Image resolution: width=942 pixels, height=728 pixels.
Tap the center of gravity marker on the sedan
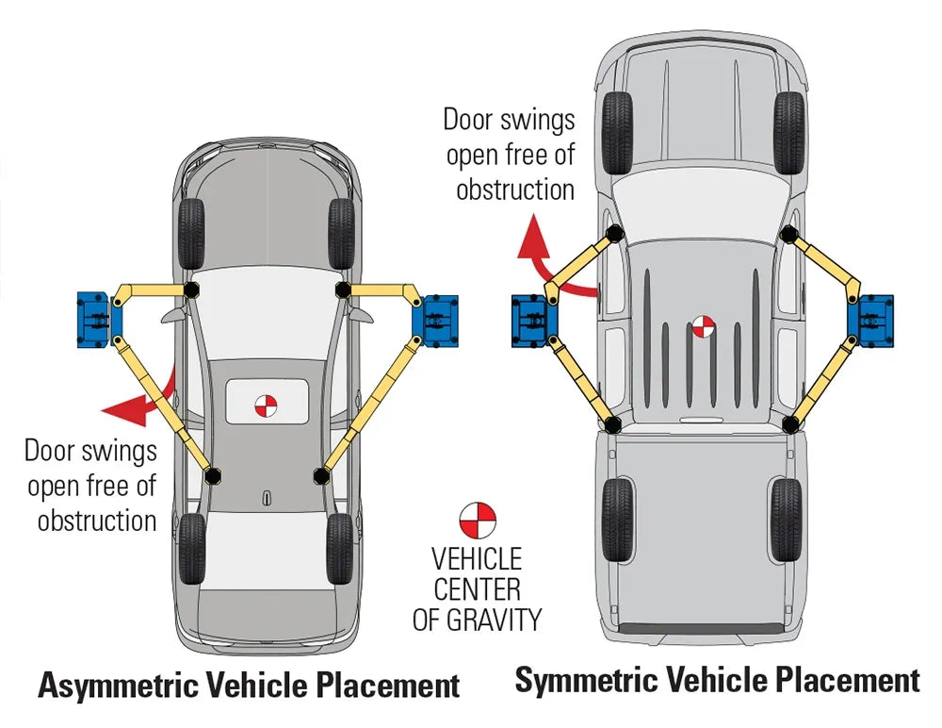pyautogui.click(x=267, y=405)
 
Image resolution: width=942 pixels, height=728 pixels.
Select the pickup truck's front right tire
pyautogui.click(x=788, y=132)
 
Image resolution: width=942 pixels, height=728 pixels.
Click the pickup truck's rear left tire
pyautogui.click(x=617, y=520)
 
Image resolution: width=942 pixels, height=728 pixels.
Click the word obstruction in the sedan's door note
pyautogui.click(x=97, y=521)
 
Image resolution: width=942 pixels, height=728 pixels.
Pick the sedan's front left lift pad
pyautogui.click(x=191, y=289)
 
